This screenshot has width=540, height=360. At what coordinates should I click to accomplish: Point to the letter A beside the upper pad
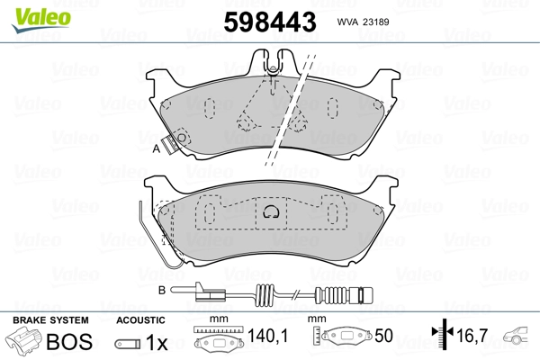pos(156,150)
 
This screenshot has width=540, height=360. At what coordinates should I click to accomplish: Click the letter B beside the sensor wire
pos(161,290)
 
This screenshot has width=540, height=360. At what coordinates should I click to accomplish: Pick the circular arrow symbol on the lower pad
pos(270,212)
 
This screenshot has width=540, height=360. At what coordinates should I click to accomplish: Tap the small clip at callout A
pos(180,139)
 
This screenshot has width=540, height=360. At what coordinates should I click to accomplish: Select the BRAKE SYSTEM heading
pos(50,320)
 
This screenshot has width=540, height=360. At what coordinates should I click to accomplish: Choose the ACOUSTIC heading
pos(140,320)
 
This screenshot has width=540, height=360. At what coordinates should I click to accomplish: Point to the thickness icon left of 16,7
pos(441,339)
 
